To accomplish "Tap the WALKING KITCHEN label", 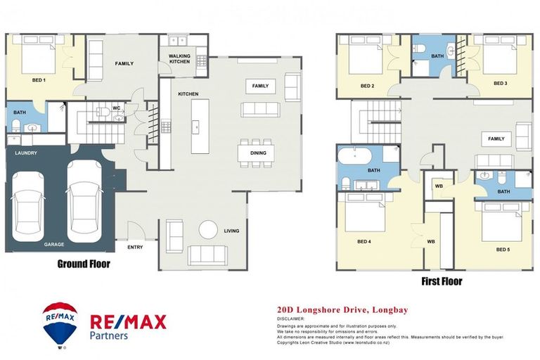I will [x=179, y=58].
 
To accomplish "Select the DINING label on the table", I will [x=257, y=152].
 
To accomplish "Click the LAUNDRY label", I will [x=25, y=153].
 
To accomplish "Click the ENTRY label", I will [x=135, y=247].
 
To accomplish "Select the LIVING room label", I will [x=231, y=231].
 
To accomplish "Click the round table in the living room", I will [x=208, y=230].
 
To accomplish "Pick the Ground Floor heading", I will [x=84, y=264].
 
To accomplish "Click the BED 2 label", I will [x=367, y=86].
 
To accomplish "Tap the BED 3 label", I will [x=500, y=83].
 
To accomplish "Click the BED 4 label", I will [x=364, y=242].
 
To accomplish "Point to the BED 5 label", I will [x=502, y=249].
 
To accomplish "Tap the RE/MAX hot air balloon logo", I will [x=60, y=323].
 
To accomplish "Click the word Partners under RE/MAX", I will [x=109, y=336].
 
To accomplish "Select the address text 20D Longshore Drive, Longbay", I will [x=342, y=309].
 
